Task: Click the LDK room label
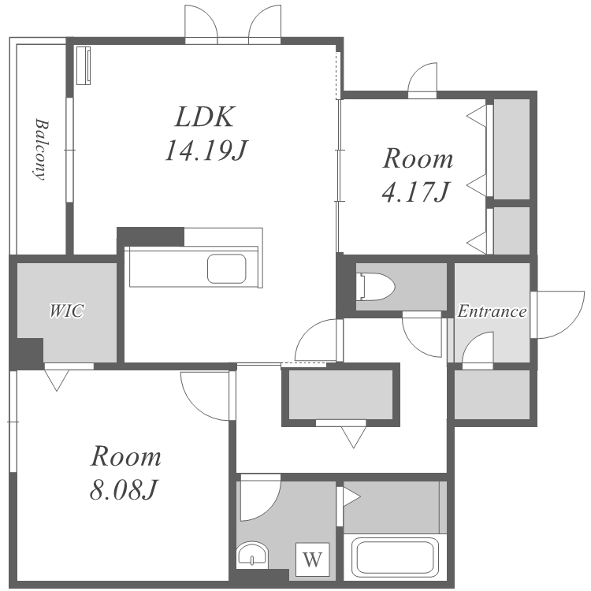point(205,117)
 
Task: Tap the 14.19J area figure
point(206,151)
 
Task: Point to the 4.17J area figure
point(416,191)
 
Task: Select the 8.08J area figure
point(123,490)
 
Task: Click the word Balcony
point(41,150)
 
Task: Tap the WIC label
point(67,311)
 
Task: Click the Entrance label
point(492,311)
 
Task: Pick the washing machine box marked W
point(313,559)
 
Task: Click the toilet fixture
point(375,287)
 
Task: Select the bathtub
point(395,557)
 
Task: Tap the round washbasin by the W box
point(252,556)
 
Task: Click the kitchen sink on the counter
point(226,269)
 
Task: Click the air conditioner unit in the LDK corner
point(84,65)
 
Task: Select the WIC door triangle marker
point(57,381)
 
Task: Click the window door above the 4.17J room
point(422,80)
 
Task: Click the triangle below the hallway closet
point(354,437)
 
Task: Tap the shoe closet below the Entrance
point(492,394)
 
